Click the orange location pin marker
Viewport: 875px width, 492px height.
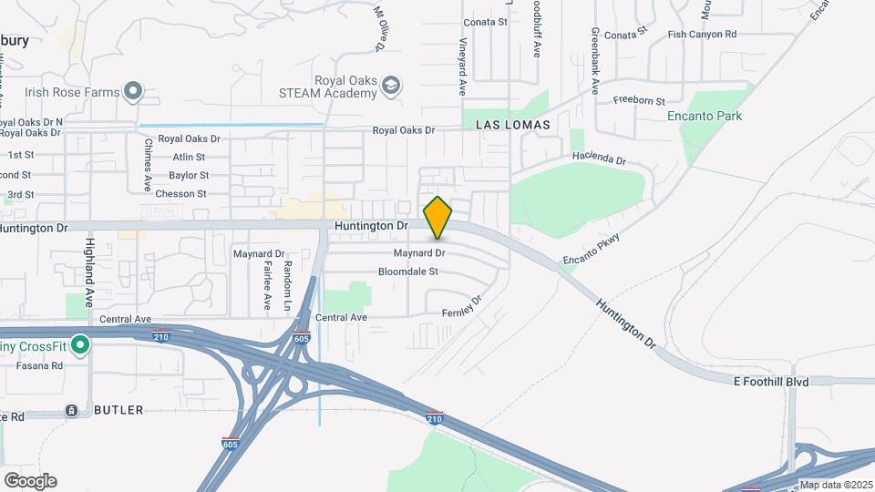pos(438,217)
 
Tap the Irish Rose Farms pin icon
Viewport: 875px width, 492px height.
pos(134,90)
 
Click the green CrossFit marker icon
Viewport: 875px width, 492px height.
pos(80,345)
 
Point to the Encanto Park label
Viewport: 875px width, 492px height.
pos(705,116)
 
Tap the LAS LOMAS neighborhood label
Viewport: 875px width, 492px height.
pos(512,124)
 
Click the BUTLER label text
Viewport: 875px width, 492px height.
pos(118,410)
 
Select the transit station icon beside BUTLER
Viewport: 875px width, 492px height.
pos(71,411)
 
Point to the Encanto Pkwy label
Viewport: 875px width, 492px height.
pos(591,247)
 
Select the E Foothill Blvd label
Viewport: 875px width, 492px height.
pos(771,382)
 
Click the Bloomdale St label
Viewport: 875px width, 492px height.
pos(408,272)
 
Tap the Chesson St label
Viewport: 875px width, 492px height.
pos(182,193)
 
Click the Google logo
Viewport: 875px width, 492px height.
pos(30,480)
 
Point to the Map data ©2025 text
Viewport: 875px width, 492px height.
pos(835,485)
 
